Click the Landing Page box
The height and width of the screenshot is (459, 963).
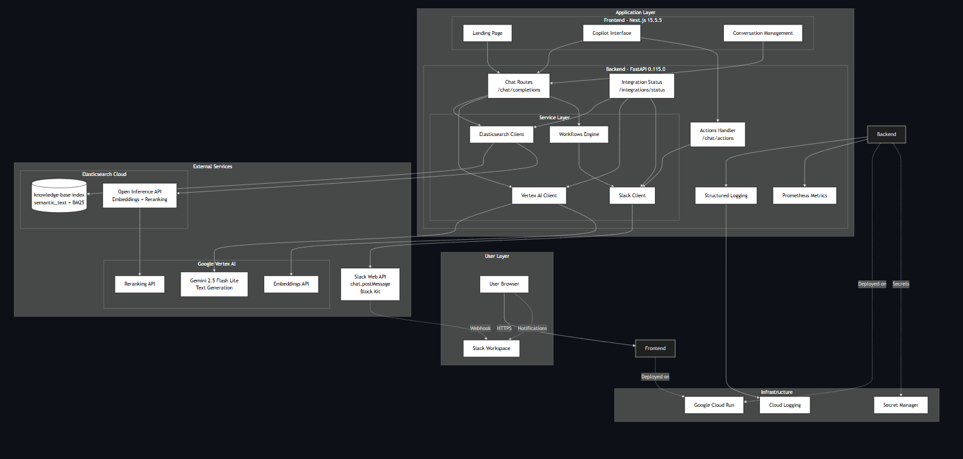(x=487, y=33)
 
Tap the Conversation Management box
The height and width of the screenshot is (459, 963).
(x=763, y=33)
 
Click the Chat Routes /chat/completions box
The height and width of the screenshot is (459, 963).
(x=519, y=86)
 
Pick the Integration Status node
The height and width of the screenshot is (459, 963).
(x=642, y=86)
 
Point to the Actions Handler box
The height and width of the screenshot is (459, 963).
(x=717, y=134)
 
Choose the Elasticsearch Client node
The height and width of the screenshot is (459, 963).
(x=501, y=134)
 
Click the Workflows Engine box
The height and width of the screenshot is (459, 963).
(x=579, y=134)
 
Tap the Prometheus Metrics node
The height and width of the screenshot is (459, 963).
(x=804, y=195)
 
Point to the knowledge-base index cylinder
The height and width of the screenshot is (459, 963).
(x=59, y=195)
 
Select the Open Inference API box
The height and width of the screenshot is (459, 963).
(x=140, y=195)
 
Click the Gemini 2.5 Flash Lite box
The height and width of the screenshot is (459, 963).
(x=214, y=284)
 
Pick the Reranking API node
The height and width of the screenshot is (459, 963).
(x=140, y=284)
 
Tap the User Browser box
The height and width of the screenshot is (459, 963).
(x=504, y=284)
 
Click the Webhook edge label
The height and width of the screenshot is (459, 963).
(x=480, y=328)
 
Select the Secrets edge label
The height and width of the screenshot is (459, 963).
(x=900, y=284)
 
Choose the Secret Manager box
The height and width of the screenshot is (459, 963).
(x=900, y=405)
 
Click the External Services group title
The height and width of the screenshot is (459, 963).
(x=212, y=166)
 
